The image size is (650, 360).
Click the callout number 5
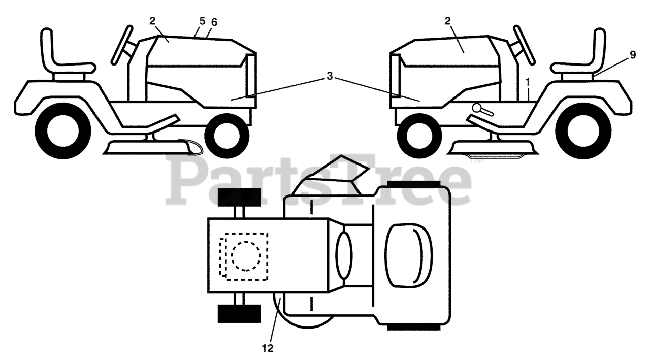pos(202,22)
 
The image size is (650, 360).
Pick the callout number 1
pos(528,81)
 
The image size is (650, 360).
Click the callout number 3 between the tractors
pos(330,76)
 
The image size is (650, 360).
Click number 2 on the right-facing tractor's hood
pos(152,21)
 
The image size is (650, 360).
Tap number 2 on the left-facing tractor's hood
pos(447,21)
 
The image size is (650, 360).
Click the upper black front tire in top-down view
pos(239,197)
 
